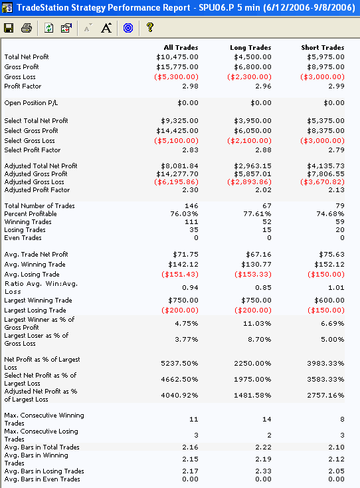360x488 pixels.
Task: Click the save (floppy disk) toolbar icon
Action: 9,28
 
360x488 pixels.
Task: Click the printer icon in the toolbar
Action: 27,28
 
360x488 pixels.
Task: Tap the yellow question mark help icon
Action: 150,27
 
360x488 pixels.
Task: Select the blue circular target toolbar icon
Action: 128,28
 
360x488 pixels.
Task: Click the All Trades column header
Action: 181,48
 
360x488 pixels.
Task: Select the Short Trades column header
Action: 323,48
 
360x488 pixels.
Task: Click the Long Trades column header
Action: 250,48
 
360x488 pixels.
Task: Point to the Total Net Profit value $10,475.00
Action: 177,57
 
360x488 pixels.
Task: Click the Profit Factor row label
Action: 23,86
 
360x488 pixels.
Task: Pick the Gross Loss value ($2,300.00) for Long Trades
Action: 249,77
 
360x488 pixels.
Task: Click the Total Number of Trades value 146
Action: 191,205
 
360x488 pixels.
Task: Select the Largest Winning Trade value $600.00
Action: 329,301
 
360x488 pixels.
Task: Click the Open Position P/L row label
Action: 31,103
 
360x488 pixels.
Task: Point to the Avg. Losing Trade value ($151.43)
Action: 180,275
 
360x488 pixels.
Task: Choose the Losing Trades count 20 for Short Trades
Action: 340,229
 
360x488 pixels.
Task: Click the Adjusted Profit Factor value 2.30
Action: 190,190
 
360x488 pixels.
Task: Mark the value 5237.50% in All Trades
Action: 179,364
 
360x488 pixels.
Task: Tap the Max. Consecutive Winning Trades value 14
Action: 267,420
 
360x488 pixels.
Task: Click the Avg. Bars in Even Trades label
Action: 42,479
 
